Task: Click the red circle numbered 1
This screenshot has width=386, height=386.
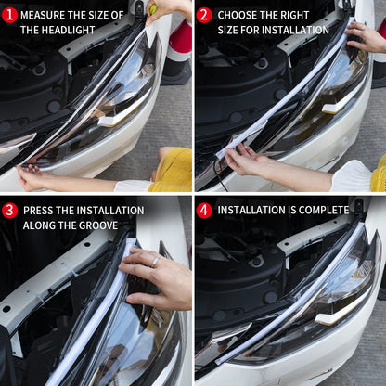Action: [x=10, y=15]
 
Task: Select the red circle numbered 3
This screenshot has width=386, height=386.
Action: [x=10, y=211]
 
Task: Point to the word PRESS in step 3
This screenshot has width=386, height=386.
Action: [x=38, y=211]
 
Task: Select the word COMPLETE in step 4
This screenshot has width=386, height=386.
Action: [x=322, y=211]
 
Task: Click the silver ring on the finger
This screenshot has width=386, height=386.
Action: [x=156, y=263]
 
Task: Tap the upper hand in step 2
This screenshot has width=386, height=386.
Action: [x=365, y=37]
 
